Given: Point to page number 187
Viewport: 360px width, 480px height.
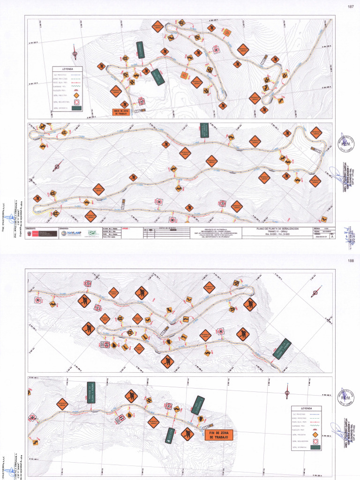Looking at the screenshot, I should click(x=351, y=7).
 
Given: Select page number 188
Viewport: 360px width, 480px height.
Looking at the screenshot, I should click(x=351, y=261).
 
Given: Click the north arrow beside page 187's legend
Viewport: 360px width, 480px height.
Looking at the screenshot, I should click(x=75, y=48).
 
